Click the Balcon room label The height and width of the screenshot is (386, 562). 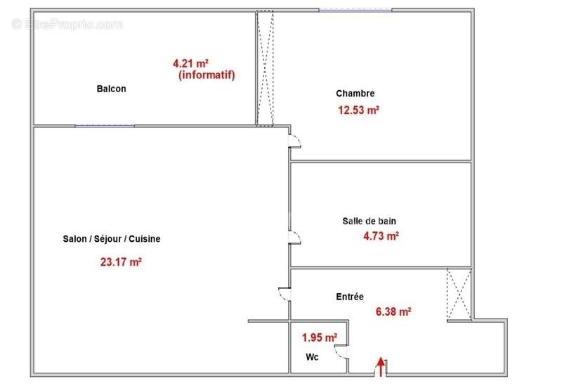click(x=111, y=89)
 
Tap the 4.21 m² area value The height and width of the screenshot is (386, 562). click(x=190, y=63)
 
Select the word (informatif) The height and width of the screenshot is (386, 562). click(x=207, y=75)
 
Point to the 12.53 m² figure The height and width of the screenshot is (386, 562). click(x=358, y=110)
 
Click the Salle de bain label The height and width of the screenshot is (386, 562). click(x=370, y=221)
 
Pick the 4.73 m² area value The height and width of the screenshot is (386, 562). click(x=381, y=236)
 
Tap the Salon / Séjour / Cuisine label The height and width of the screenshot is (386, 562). click(x=112, y=239)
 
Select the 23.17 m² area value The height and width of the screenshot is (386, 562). click(x=121, y=262)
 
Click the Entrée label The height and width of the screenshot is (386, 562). click(x=350, y=297)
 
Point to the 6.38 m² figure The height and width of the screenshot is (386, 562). click(x=393, y=311)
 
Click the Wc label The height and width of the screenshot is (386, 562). click(x=312, y=357)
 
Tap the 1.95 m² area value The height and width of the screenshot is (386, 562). click(x=320, y=337)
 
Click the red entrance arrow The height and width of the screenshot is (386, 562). click(x=381, y=366)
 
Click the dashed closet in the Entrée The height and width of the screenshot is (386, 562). click(x=459, y=294)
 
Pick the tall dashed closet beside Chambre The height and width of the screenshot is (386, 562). click(x=265, y=68)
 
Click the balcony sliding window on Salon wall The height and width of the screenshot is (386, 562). click(x=105, y=126)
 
